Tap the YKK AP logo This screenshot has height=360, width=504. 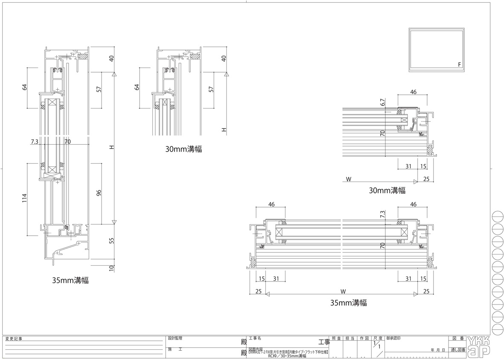pos(478,345)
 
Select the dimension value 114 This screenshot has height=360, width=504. pos(25,199)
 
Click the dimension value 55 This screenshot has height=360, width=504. pos(112,240)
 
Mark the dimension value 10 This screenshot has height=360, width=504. pos(112,268)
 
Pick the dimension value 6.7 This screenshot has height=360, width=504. pos(383,102)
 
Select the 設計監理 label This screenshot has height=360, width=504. pos(175,338)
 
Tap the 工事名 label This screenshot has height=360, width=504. pos(255,338)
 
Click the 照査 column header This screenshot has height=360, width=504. pos(336,338)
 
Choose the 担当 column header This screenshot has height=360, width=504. pos(350,338)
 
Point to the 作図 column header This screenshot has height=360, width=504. pos(364,338)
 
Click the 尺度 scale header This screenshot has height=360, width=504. pos(378,338)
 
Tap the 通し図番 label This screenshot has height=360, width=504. pos(457,350)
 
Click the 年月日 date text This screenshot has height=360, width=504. pos(438,350)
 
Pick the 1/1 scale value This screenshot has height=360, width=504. pos(376,346)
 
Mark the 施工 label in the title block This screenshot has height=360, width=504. pos(175,349)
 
